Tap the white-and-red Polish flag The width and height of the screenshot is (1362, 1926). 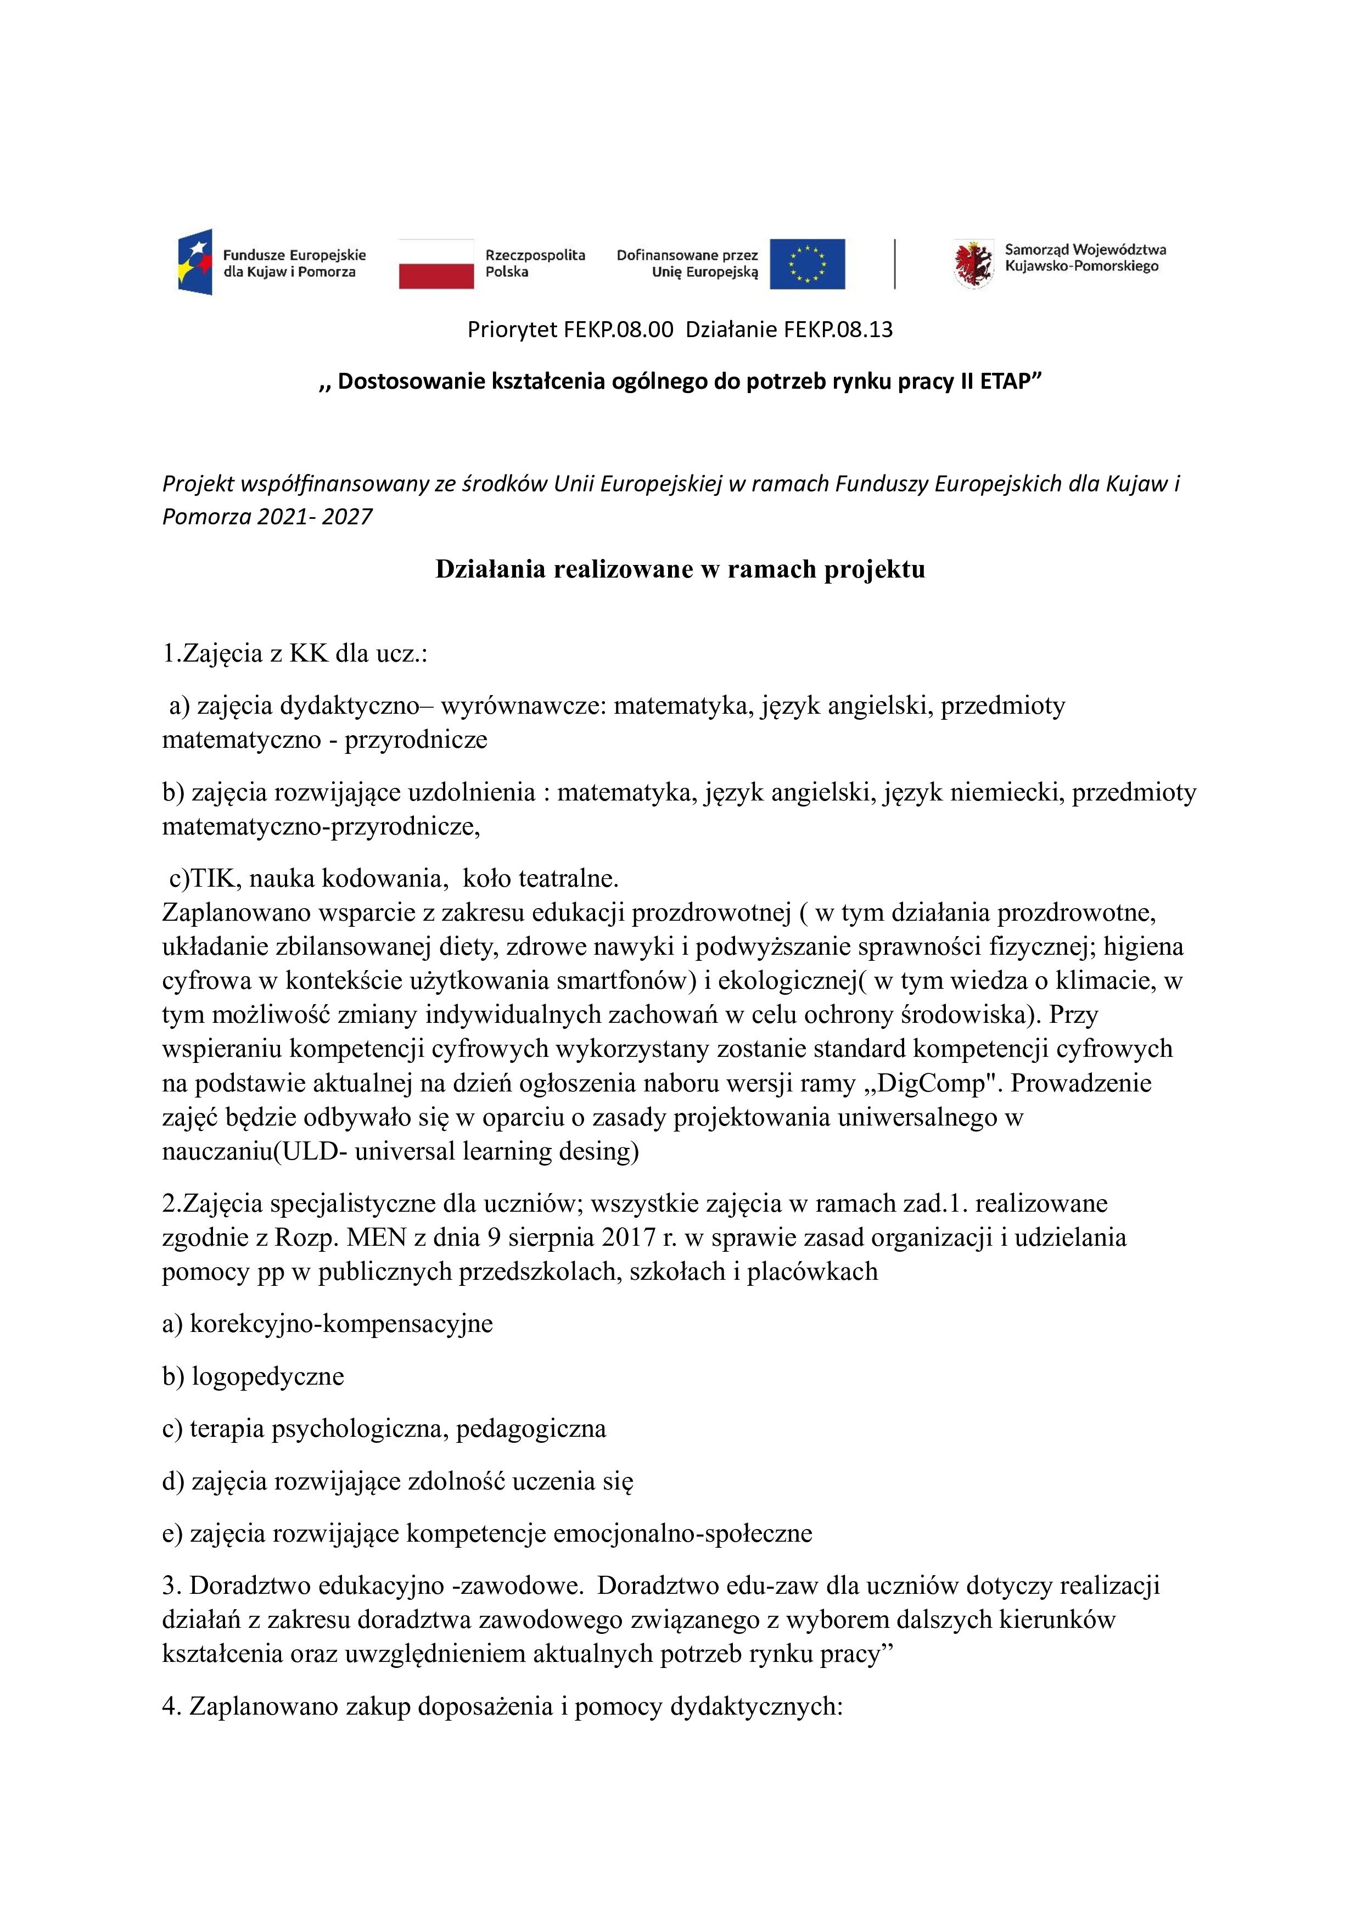(x=436, y=264)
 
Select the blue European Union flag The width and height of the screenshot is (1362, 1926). (x=807, y=264)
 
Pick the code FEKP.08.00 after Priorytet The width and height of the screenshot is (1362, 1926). (x=618, y=329)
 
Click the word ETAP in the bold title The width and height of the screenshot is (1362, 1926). (x=1010, y=382)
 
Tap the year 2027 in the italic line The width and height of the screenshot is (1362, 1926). (x=346, y=517)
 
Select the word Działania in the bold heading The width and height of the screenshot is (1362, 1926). (x=491, y=569)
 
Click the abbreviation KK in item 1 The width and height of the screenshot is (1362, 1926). (x=309, y=653)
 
